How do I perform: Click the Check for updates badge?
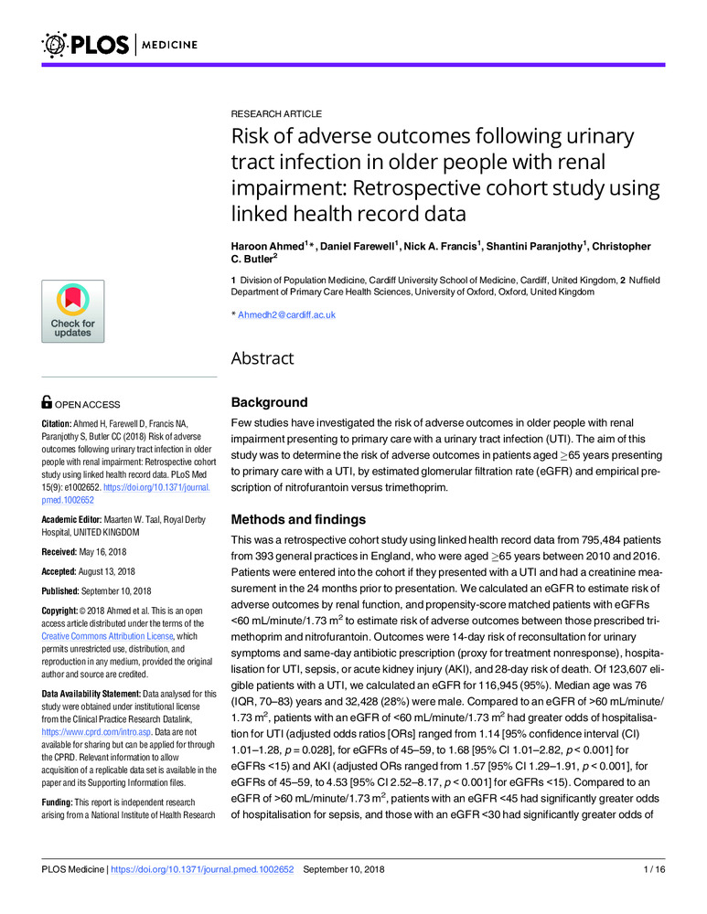(72, 314)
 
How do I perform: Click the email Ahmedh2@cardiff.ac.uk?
(286, 314)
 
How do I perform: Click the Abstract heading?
(262, 358)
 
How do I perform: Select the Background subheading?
(269, 402)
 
